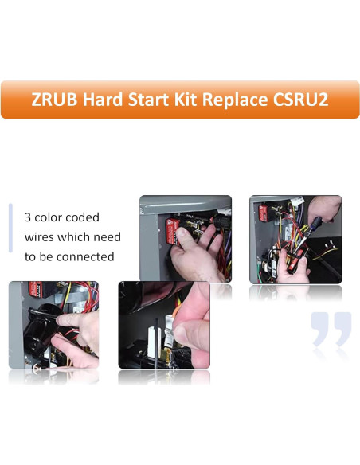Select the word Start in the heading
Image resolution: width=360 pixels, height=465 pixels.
pyautogui.click(x=152, y=100)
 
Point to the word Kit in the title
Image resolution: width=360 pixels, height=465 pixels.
pyautogui.click(x=190, y=100)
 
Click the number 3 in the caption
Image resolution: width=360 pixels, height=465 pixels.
pyautogui.click(x=28, y=217)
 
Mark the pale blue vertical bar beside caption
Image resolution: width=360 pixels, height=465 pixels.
pyautogui.click(x=10, y=228)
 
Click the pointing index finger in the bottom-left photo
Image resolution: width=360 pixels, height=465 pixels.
pyautogui.click(x=68, y=318)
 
